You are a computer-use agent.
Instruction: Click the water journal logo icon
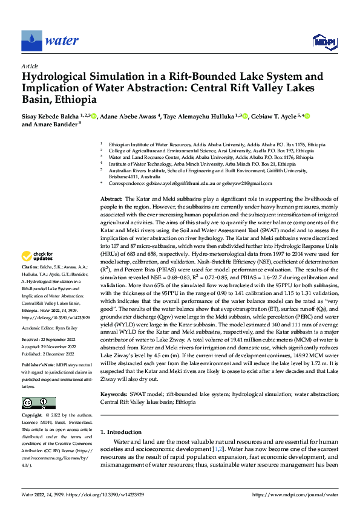point(31,41)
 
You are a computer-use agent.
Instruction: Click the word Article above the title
point(30,66)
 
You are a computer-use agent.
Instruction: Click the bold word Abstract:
point(111,198)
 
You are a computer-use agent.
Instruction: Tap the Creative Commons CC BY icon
point(38,403)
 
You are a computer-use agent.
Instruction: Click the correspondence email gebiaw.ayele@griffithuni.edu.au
point(180,183)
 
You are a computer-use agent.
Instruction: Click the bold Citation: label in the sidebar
point(31,267)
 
